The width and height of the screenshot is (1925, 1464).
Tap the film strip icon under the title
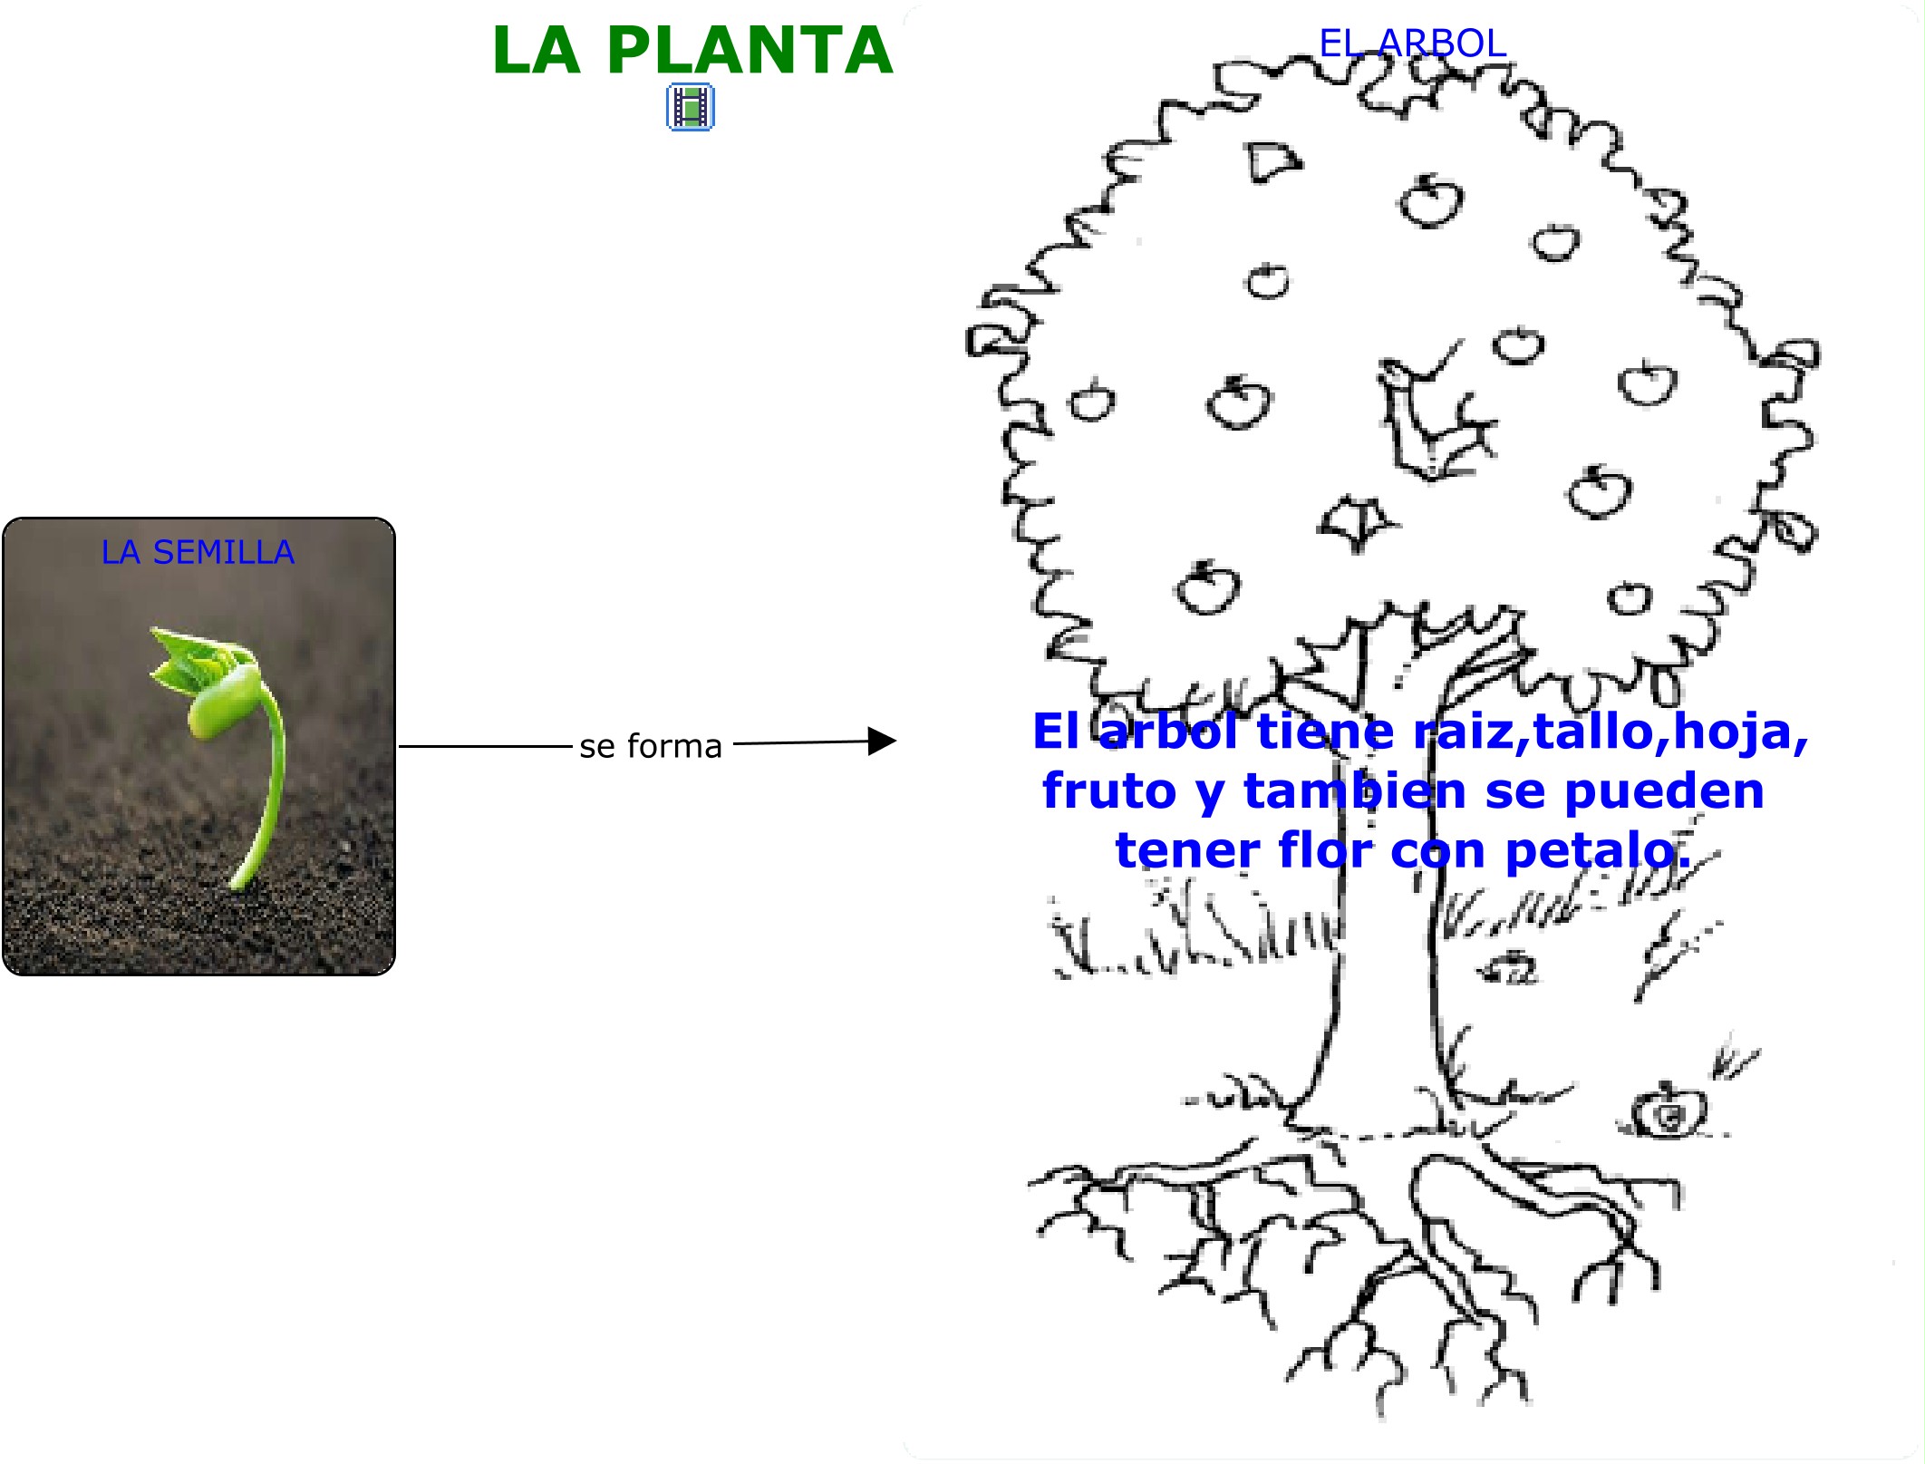click(691, 107)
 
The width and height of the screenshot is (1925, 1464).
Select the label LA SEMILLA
click(198, 552)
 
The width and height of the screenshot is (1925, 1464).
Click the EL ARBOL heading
click(1412, 44)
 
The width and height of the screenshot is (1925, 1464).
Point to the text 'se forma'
click(651, 746)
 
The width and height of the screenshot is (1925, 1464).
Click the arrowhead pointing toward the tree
click(881, 741)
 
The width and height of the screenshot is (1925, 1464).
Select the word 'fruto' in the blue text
click(1109, 790)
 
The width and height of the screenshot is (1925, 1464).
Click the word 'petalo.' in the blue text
click(1597, 850)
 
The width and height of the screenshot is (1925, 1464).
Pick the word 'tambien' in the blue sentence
click(1354, 790)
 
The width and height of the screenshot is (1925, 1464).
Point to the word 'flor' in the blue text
click(1325, 850)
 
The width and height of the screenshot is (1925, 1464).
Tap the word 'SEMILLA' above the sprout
click(223, 552)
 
